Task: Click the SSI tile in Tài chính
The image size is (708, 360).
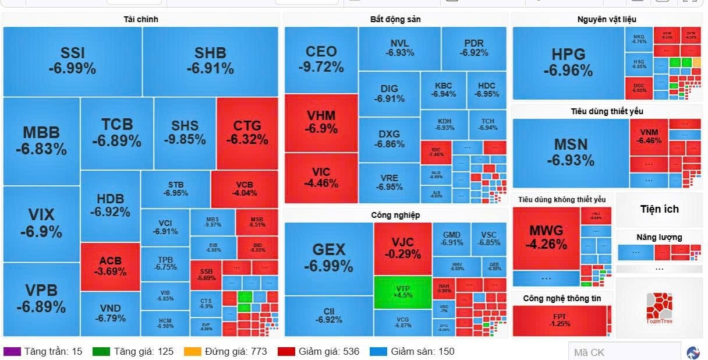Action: click(x=72, y=61)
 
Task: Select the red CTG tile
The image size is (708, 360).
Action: click(x=247, y=133)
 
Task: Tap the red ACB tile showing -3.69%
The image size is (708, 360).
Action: click(x=110, y=266)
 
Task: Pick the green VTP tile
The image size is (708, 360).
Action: click(x=403, y=292)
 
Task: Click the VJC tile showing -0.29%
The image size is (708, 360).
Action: click(x=402, y=247)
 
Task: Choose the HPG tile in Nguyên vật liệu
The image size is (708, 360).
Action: click(x=568, y=62)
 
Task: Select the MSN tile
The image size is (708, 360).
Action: click(x=570, y=152)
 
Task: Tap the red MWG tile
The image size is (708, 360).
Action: click(x=546, y=237)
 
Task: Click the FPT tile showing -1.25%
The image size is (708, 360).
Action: click(x=559, y=320)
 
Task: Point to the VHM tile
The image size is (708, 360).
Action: click(x=321, y=122)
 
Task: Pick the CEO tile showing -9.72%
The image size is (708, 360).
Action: click(x=321, y=59)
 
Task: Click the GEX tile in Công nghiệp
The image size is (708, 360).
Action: click(x=328, y=257)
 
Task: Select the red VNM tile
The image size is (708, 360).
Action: click(x=649, y=136)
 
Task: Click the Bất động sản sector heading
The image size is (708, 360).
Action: click(x=395, y=19)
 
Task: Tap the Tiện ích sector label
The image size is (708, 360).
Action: click(x=659, y=209)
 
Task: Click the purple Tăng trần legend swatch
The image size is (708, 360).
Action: click(x=12, y=352)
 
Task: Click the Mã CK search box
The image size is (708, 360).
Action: click(x=624, y=352)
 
